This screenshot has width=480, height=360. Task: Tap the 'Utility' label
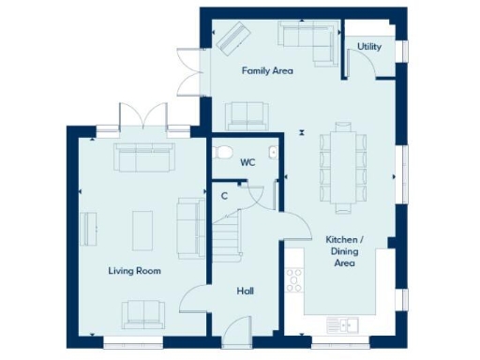coord(368,45)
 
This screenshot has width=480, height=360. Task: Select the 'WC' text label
coord(247,162)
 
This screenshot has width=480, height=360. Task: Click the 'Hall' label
coord(245,292)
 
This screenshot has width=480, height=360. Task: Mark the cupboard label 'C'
coord(224,196)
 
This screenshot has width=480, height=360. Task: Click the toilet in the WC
coord(222,151)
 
